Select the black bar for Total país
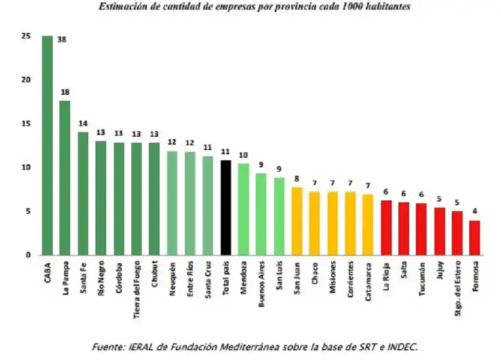(226, 208)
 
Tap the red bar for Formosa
(475, 238)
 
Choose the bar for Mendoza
(244, 209)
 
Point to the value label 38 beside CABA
(61, 40)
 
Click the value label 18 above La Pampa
(65, 92)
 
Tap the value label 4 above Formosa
(475, 212)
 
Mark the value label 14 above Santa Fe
(83, 124)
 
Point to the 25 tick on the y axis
(25, 36)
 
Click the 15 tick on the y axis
(25, 124)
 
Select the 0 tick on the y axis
(28, 255)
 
